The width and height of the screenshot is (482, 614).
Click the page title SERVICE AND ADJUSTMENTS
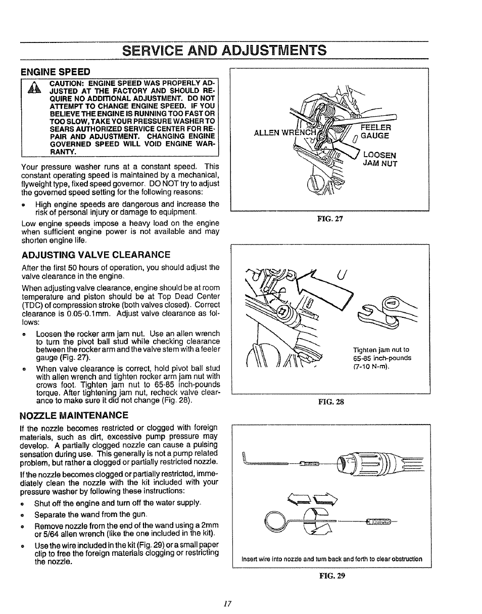(224, 50)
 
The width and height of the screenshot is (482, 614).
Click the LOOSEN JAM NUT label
(380, 159)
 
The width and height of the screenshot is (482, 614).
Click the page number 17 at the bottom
(227, 603)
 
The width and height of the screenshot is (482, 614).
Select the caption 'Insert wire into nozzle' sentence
(331, 559)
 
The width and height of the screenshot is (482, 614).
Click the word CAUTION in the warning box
(68, 82)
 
